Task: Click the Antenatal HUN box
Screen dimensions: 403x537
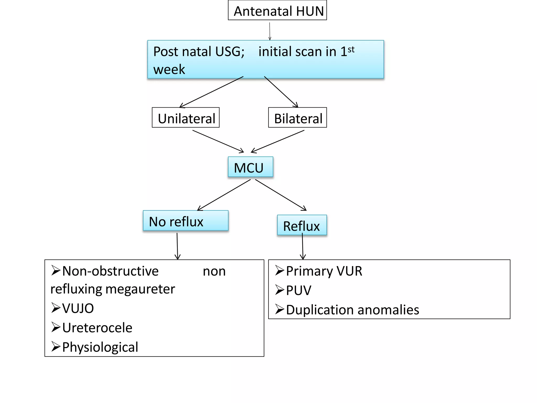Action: (x=277, y=10)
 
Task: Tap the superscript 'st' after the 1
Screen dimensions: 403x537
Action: (x=351, y=49)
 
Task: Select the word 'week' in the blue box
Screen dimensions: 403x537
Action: (x=169, y=70)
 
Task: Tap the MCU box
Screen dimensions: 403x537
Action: (x=250, y=167)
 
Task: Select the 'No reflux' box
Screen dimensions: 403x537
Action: (x=185, y=221)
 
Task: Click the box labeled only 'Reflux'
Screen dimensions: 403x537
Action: (x=302, y=226)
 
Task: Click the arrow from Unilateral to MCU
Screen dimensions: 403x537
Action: (x=218, y=141)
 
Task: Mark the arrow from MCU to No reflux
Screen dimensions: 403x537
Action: (x=224, y=195)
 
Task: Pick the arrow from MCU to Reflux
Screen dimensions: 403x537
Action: (x=281, y=195)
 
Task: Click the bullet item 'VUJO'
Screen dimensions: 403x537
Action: (x=78, y=308)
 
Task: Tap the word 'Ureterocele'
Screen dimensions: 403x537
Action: (x=97, y=328)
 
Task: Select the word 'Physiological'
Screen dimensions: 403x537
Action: (x=100, y=347)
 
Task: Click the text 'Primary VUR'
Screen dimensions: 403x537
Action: (x=324, y=271)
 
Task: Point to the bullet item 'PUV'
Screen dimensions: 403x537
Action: (x=298, y=290)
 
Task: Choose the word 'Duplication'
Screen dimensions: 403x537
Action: (x=320, y=310)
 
